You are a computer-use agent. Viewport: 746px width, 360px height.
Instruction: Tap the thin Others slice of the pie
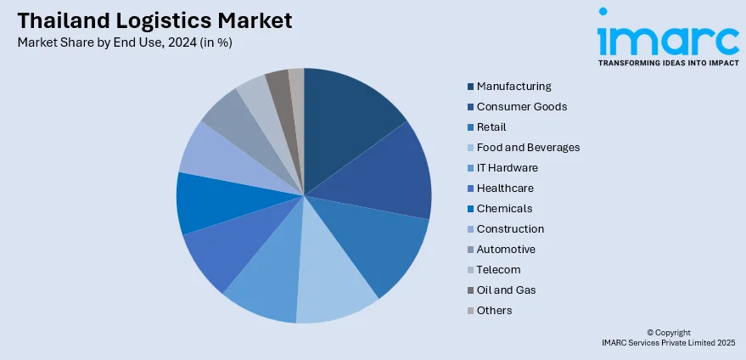[297, 93]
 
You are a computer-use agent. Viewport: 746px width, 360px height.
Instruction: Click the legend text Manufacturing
[513, 87]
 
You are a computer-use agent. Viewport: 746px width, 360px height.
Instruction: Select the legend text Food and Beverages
[528, 148]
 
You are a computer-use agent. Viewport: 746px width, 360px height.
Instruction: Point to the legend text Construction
[510, 229]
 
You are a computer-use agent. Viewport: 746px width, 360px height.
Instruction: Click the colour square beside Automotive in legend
[470, 250]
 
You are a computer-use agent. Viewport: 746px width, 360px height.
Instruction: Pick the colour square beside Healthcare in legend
[470, 188]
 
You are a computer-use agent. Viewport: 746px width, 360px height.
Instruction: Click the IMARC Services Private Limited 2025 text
[668, 342]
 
